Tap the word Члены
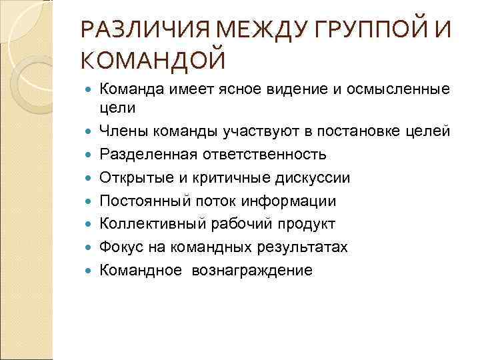click(121, 131)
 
